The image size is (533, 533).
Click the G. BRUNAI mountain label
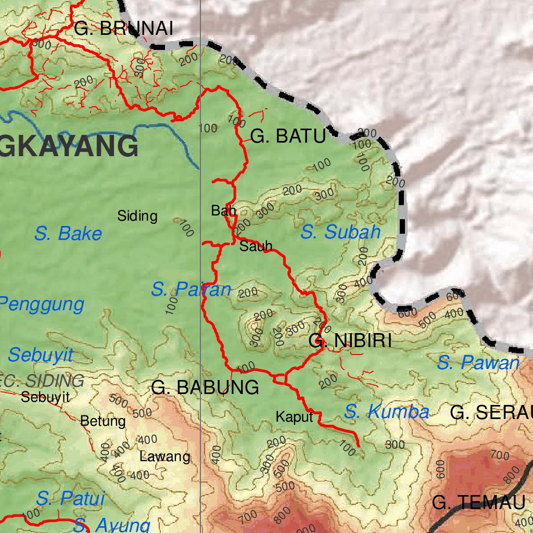click(123, 29)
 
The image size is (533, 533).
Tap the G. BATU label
click(288, 136)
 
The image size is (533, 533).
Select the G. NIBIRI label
click(350, 341)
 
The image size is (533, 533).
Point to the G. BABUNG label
click(205, 387)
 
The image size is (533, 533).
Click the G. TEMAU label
click(478, 503)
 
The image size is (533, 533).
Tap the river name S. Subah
click(340, 232)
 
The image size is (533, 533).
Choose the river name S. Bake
click(68, 234)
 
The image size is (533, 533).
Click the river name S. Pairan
click(191, 289)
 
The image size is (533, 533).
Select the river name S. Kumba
click(386, 412)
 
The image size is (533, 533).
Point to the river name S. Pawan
click(478, 363)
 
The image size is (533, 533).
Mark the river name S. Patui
click(70, 498)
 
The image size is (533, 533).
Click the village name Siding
click(137, 215)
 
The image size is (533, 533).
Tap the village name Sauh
click(256, 247)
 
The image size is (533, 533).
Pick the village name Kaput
click(294, 417)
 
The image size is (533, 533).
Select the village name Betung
click(103, 421)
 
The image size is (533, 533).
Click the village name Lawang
click(164, 457)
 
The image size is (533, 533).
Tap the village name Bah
click(223, 211)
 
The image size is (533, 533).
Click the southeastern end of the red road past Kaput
click(359, 446)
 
